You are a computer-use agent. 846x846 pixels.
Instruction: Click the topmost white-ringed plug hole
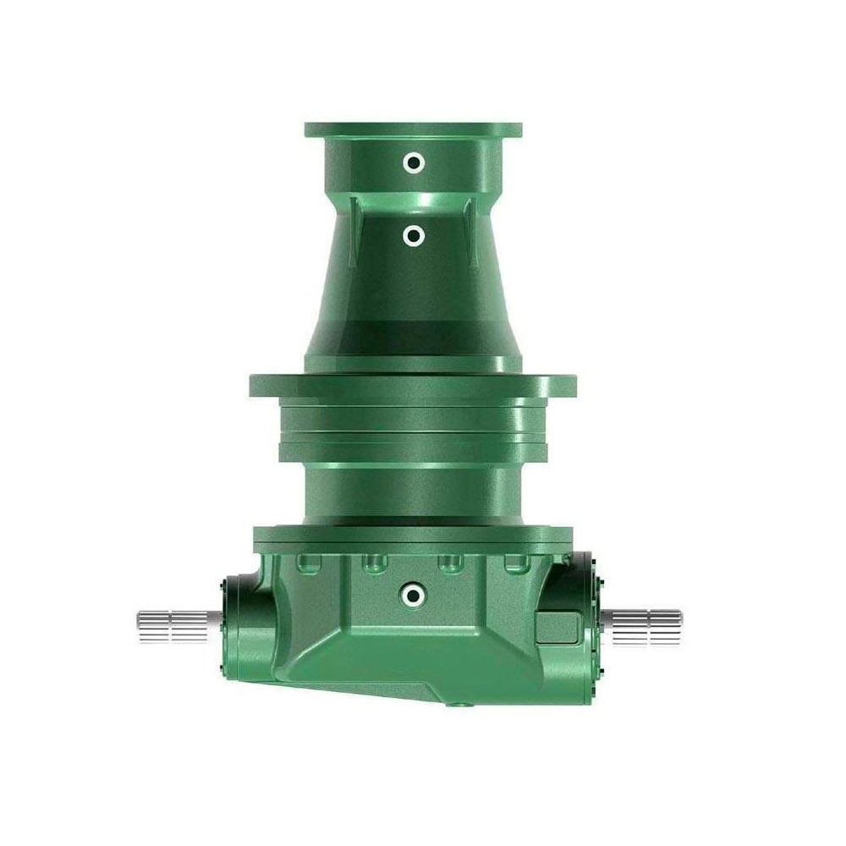(x=413, y=162)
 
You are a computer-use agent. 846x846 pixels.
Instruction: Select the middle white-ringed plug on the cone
(x=413, y=237)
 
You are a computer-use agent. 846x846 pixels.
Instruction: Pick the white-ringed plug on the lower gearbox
(x=413, y=596)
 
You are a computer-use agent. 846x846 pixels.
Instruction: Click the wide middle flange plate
(x=413, y=386)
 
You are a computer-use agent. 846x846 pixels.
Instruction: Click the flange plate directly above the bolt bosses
(x=413, y=536)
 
